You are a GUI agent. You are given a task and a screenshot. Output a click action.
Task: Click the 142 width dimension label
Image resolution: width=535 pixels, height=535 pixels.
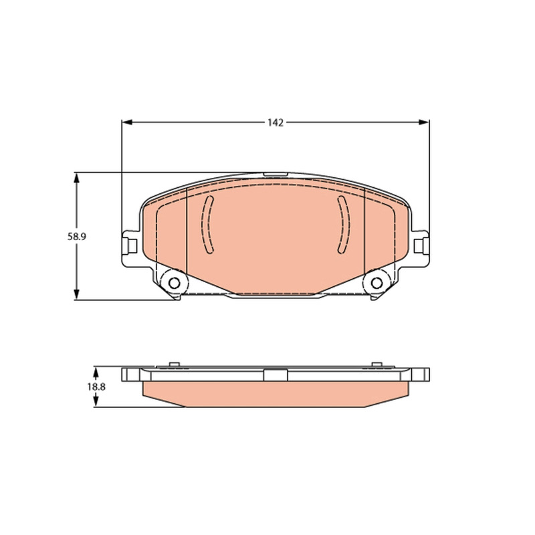coord(276,123)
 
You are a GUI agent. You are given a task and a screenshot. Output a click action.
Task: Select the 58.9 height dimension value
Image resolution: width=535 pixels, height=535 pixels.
coord(76,237)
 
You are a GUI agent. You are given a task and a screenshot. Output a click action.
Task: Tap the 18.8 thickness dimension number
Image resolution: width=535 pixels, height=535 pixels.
coord(96,387)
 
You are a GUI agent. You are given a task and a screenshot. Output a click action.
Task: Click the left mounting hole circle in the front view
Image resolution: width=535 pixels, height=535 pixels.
coord(175,283)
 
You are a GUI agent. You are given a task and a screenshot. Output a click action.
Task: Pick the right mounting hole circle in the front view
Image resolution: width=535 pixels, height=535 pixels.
coord(377,283)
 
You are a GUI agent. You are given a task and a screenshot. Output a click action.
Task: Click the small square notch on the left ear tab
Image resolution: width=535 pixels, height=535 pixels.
coord(132,246)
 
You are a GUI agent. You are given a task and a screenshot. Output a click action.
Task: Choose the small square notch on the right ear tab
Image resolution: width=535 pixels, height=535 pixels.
coord(419,246)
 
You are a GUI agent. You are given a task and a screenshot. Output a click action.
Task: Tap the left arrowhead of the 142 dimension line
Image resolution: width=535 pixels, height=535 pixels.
coord(126,122)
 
